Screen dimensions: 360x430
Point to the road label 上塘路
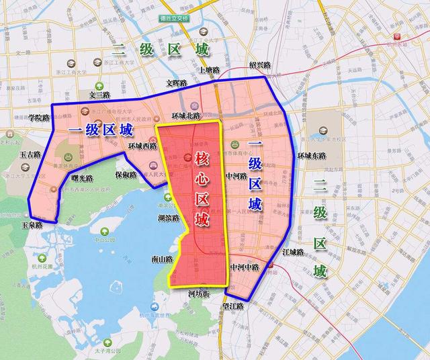point(209,69)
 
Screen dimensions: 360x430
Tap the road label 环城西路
point(142,146)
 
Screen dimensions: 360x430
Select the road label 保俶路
point(126,175)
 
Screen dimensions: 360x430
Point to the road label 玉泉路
point(31,225)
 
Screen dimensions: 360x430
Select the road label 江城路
point(293,251)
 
